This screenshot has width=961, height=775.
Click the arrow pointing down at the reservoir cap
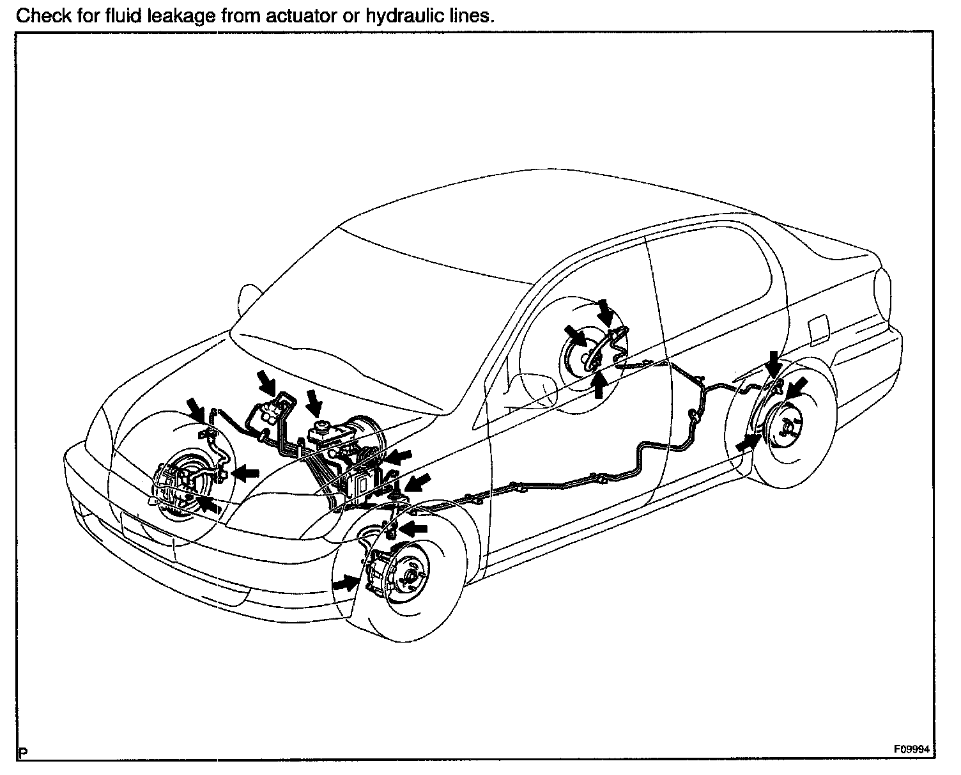point(314,402)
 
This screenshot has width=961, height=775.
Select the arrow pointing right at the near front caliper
point(346,582)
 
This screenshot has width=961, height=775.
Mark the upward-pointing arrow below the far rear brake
point(598,386)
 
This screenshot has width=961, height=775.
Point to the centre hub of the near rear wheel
point(788,428)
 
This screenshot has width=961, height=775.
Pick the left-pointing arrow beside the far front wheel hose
point(245,473)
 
